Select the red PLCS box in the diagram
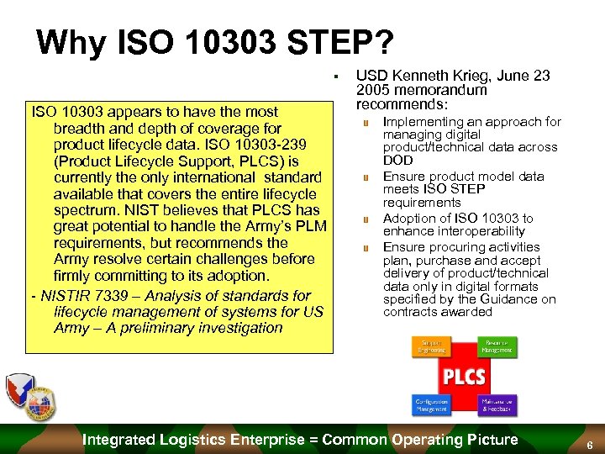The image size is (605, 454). [x=464, y=376]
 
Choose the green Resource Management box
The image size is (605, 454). [x=497, y=346]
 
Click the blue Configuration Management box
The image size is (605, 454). [x=431, y=404]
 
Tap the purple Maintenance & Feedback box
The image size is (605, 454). [x=497, y=404]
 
